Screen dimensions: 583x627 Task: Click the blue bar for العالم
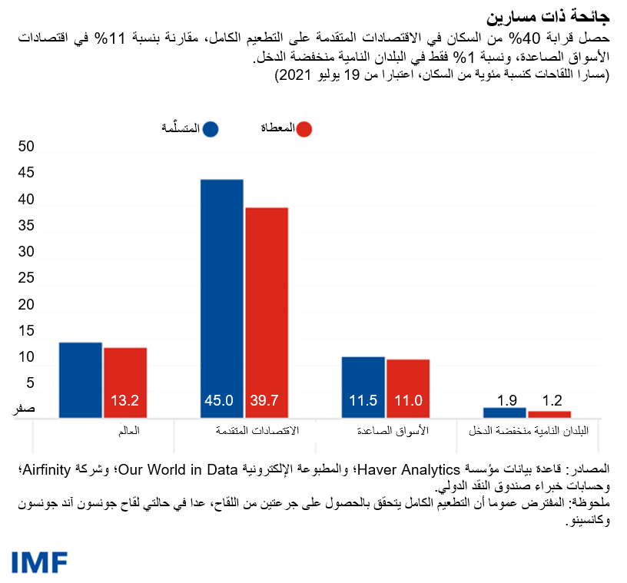point(81,379)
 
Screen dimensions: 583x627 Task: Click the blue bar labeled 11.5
point(363,387)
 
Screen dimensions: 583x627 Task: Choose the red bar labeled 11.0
point(408,389)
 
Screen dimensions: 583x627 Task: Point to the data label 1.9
point(506,399)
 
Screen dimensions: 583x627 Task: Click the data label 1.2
point(551,401)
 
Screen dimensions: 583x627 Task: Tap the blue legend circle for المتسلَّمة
point(209,129)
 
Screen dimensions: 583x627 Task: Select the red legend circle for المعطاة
point(305,129)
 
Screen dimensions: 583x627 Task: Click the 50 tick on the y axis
point(26,147)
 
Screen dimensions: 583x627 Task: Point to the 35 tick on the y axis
point(26,226)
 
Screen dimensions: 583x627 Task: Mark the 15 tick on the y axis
point(26,331)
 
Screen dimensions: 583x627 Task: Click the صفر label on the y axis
point(24,410)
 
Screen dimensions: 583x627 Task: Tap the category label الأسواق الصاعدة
point(393,431)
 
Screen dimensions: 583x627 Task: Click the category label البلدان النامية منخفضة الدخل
point(529,431)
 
